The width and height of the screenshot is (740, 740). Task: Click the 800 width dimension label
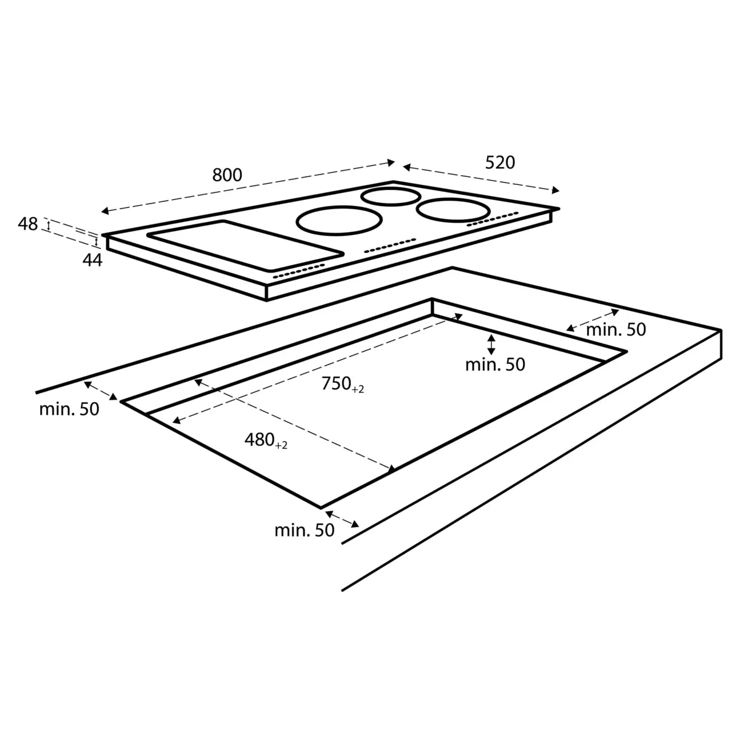[x=227, y=175]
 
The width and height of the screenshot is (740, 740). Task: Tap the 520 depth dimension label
[x=499, y=163]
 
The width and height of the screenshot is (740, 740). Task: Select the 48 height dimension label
[x=28, y=224]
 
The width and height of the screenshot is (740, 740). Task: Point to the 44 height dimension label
[x=92, y=260]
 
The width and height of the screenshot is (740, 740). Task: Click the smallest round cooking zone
[x=390, y=197]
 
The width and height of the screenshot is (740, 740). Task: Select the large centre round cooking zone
[x=339, y=220]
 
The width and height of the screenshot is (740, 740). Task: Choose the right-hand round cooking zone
[x=453, y=210]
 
